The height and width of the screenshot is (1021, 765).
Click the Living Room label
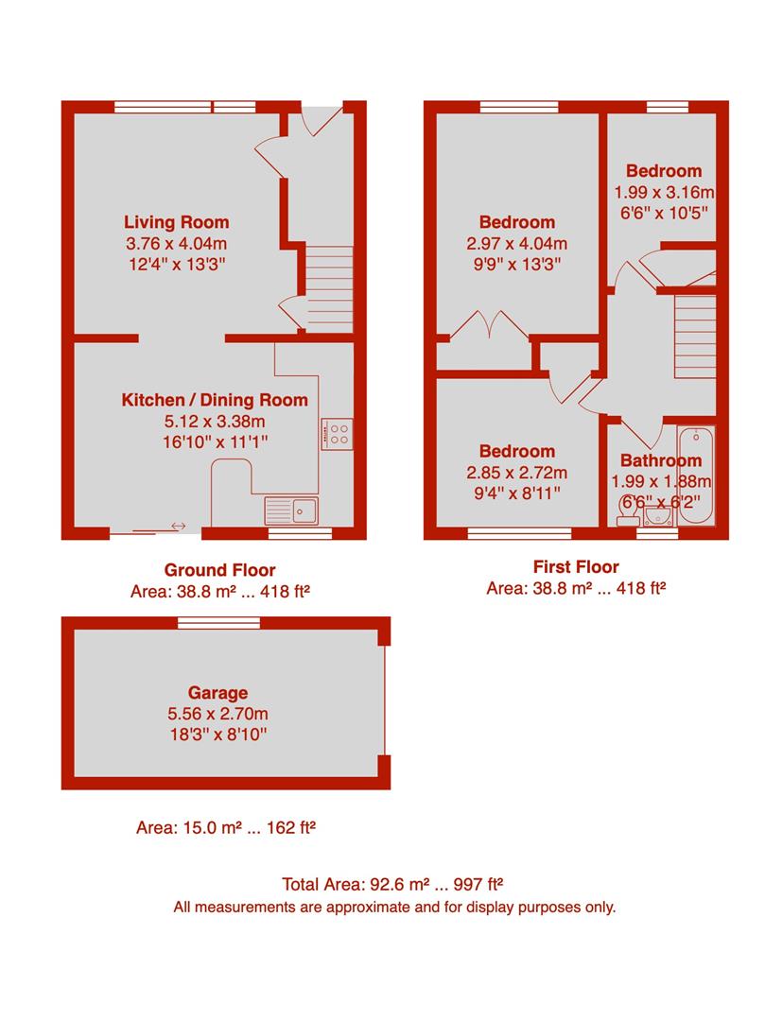[177, 223]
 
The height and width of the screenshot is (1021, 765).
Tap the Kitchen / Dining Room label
[215, 400]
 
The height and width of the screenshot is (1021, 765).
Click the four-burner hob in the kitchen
[338, 434]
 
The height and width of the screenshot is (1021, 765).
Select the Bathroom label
[661, 461]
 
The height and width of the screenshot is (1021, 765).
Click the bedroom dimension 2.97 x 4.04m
[517, 244]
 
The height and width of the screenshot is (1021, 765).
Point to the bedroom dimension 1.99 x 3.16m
[664, 192]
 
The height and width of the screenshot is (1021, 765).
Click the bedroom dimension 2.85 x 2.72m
[516, 473]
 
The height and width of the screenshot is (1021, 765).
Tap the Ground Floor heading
[220, 570]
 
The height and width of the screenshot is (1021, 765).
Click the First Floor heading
[577, 567]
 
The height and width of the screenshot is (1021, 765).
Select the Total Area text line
[392, 886]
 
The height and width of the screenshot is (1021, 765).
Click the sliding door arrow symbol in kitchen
[177, 526]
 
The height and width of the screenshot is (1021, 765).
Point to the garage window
[219, 622]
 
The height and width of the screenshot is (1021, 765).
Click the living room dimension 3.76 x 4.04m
[177, 244]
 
